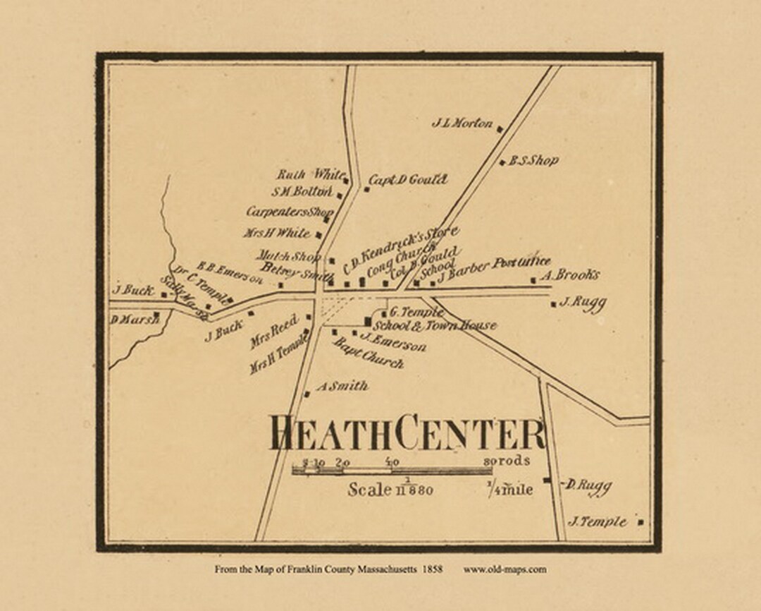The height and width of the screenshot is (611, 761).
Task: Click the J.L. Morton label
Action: coord(462,123)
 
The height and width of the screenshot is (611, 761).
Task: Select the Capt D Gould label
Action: coord(408,181)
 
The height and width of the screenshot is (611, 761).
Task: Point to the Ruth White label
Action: coord(310,174)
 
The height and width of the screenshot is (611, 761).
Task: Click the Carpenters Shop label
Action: coord(290,212)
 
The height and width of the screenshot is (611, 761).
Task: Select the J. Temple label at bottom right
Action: coord(598,522)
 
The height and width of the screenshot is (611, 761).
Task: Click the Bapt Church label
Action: coord(368,353)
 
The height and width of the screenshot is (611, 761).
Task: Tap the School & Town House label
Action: coord(434,325)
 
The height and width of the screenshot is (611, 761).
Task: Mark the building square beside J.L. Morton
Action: coord(500,128)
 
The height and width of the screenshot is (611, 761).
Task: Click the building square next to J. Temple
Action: coord(641,523)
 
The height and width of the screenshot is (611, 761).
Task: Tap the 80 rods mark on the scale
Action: coord(510,461)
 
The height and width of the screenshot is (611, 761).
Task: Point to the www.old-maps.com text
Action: coord(505,569)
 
